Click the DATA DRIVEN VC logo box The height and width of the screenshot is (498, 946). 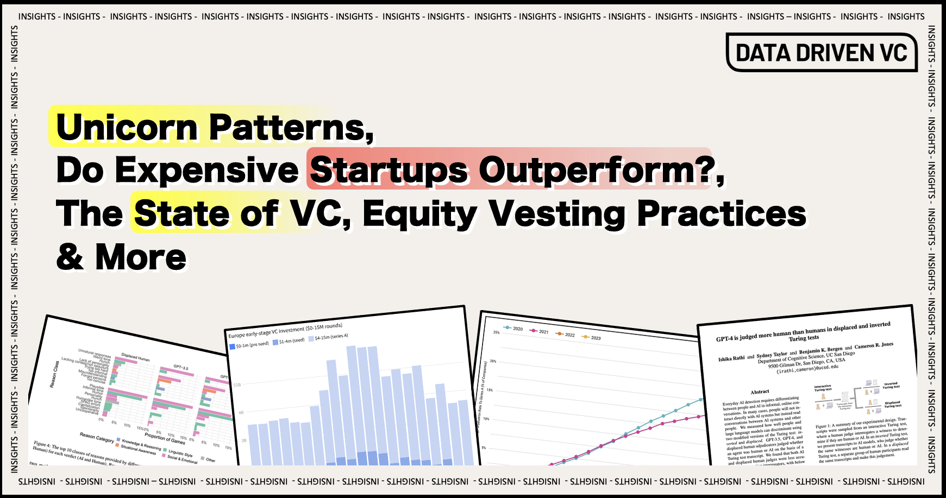pyautogui.click(x=821, y=53)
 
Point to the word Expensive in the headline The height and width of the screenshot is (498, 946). pyautogui.click(x=207, y=170)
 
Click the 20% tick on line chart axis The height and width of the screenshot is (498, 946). pyautogui.click(x=493, y=361)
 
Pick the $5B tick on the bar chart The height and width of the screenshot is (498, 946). pyautogui.click(x=237, y=385)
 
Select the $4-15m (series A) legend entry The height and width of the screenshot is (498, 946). pyautogui.click(x=328, y=337)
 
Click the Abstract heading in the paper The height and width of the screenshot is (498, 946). pyautogui.click(x=760, y=392)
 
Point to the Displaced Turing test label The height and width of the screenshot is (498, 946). pyautogui.click(x=892, y=405)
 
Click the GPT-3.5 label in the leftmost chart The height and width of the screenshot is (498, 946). pyautogui.click(x=181, y=368)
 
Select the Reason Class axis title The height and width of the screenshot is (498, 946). pyautogui.click(x=54, y=374)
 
